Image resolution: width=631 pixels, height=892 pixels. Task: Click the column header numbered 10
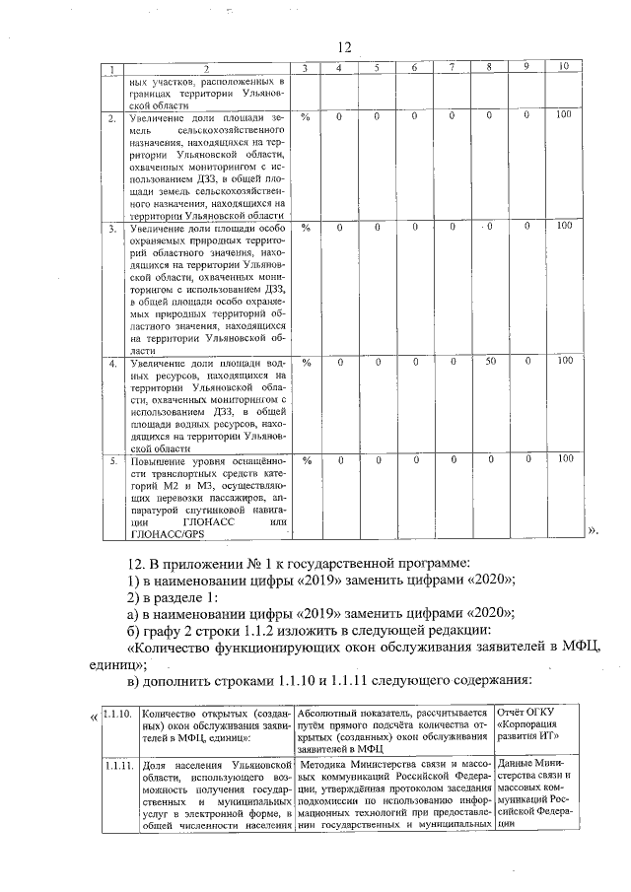(563, 67)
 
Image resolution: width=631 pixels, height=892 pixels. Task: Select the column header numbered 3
(306, 67)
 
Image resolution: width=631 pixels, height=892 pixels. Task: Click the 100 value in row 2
(563, 116)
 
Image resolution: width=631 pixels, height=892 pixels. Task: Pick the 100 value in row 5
(563, 459)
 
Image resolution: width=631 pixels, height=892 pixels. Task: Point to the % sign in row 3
(306, 228)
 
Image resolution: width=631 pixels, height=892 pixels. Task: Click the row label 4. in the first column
(112, 364)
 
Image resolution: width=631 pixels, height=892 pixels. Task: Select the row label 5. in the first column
(112, 460)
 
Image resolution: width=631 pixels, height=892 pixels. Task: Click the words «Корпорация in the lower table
(531, 724)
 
